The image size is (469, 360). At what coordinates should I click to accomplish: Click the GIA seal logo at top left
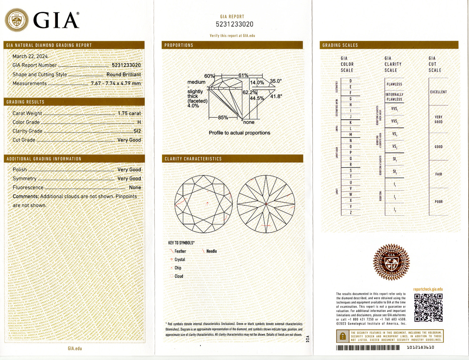tap(16, 20)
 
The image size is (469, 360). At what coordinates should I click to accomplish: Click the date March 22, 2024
tap(30, 56)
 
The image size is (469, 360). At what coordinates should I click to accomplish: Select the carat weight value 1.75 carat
tap(129, 113)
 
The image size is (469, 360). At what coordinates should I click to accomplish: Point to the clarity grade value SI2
tap(137, 131)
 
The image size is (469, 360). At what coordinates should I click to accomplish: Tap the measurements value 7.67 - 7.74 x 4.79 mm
tap(116, 83)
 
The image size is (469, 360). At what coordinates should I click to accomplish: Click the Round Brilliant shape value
tap(124, 74)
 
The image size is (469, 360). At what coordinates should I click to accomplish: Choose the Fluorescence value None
tap(135, 187)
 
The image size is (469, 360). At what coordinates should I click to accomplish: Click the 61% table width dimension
tap(243, 75)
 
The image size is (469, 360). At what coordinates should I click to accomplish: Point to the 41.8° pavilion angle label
tap(276, 96)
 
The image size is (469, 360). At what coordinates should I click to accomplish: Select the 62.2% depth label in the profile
tap(250, 92)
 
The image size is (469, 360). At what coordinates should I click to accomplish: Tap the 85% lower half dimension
tap(223, 117)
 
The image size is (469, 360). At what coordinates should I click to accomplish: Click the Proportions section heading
tap(179, 45)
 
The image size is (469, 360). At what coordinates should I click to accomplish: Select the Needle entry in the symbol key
tap(211, 251)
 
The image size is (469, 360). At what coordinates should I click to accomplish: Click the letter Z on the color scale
tap(350, 212)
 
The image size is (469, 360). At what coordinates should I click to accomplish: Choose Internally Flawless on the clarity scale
tap(394, 97)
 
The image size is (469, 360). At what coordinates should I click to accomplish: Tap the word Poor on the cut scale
tap(439, 202)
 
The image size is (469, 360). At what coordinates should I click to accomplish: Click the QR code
tap(428, 308)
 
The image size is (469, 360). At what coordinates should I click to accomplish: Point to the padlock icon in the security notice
tap(343, 336)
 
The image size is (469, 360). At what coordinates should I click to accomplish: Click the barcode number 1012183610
tap(420, 347)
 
